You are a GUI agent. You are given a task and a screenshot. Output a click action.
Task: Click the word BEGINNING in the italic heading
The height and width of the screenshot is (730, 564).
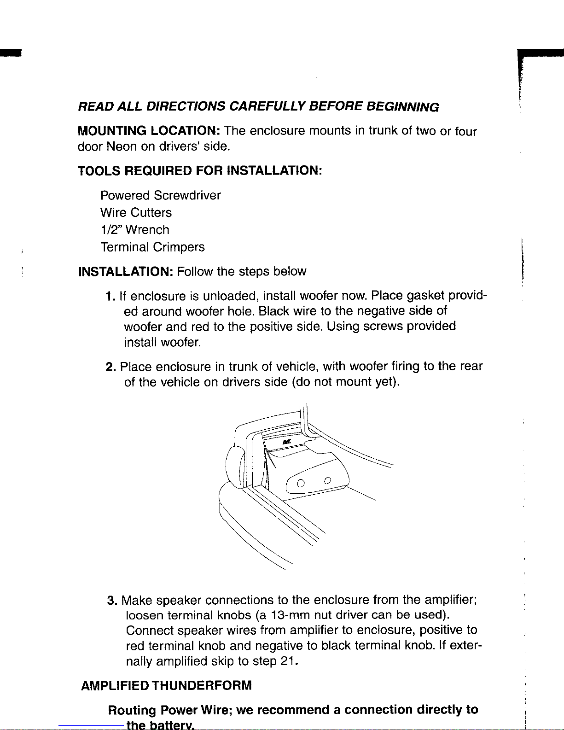point(402,107)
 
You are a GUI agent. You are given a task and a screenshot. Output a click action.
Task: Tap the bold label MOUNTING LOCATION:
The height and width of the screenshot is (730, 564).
point(149,130)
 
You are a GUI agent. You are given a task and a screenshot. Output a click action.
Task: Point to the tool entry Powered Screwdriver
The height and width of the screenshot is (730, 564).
point(161,195)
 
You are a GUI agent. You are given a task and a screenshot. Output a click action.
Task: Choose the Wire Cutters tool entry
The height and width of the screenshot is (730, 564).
point(136,212)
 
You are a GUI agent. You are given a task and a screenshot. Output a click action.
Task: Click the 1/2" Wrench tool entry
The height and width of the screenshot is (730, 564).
point(135,229)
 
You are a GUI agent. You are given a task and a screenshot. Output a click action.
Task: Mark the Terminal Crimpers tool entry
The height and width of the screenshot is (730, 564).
point(152,247)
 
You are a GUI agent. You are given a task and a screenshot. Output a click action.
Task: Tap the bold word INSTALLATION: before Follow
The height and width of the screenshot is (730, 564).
point(126,271)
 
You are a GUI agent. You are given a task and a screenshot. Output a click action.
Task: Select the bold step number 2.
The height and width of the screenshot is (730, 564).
point(111,367)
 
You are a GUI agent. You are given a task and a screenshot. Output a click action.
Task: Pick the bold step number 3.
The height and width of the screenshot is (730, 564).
point(112,601)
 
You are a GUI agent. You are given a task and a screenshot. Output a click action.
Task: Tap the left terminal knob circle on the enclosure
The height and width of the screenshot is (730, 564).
point(301,484)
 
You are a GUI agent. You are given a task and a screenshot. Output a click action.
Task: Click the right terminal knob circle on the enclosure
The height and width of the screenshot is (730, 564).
point(328,480)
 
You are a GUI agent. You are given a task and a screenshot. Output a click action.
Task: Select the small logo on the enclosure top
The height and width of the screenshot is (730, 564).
point(287,442)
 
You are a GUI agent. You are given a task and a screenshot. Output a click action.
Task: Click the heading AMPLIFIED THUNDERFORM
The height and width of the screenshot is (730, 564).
point(166,685)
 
